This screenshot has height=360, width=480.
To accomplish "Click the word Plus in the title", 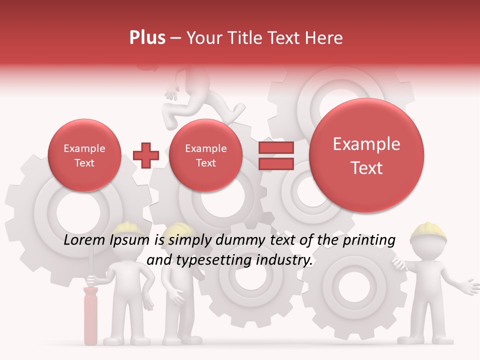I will [x=147, y=38].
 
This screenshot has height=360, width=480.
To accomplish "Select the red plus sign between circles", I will [x=146, y=155].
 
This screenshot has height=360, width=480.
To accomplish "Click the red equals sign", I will [x=275, y=155].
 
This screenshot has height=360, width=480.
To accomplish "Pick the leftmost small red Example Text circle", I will [x=84, y=155].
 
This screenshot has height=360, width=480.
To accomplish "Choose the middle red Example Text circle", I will [x=205, y=155].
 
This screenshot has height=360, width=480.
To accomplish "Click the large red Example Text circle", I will [x=366, y=155].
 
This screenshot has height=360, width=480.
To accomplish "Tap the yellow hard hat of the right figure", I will [x=428, y=231].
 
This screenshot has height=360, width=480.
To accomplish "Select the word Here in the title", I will [x=325, y=38].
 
